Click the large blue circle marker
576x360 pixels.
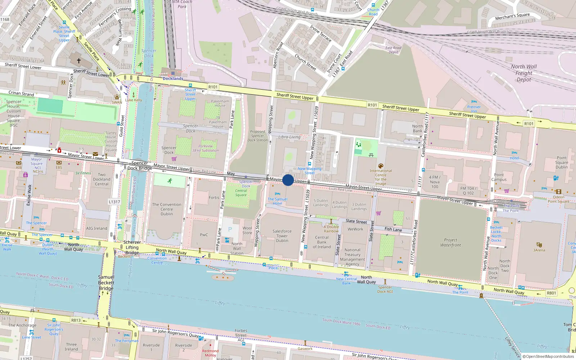click(x=288, y=180)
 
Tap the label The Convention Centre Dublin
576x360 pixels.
click(x=167, y=209)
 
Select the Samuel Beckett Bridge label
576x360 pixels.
click(x=106, y=283)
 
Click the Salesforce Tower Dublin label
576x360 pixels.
click(x=282, y=236)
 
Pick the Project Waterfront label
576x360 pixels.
click(x=450, y=242)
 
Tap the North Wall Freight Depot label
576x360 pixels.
click(x=523, y=73)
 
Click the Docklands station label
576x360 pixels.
click(x=173, y=78)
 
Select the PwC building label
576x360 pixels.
click(x=204, y=235)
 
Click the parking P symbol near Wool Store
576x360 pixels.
click(x=230, y=229)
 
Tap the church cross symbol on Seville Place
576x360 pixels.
click(x=79, y=61)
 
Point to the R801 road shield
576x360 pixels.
click(x=551, y=293)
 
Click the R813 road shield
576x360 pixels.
click(x=76, y=320)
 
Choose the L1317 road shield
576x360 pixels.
click(x=114, y=202)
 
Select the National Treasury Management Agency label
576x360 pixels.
click(x=352, y=257)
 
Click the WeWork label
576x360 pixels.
click(x=355, y=229)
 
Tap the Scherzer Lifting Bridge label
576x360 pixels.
click(x=132, y=247)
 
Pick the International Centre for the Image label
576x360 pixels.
click(x=381, y=177)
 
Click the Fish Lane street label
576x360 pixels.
click(x=393, y=229)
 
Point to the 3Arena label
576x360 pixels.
click(x=539, y=250)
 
